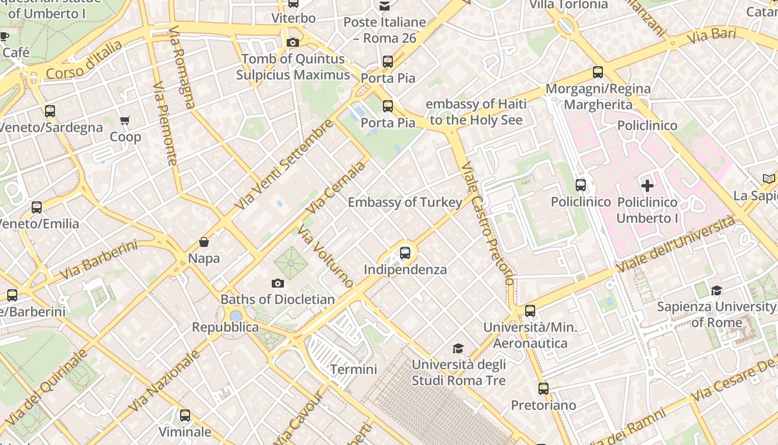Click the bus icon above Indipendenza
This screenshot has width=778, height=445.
click(405, 253)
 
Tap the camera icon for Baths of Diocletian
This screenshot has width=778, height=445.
click(277, 284)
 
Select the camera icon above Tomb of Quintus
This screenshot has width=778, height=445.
click(292, 42)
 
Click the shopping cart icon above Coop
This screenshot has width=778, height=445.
click(125, 120)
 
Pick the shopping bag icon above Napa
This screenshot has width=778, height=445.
click(204, 242)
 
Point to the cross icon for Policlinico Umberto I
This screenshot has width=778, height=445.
click(647, 186)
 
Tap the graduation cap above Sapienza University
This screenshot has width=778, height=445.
click(716, 290)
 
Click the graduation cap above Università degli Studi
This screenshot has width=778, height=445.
click(458, 348)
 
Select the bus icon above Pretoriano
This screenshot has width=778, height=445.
click(543, 389)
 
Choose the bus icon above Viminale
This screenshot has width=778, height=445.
click(185, 416)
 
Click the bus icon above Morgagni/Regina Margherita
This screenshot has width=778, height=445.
click(598, 72)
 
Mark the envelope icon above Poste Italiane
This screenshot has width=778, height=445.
click(385, 6)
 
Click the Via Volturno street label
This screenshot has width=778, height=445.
click(326, 256)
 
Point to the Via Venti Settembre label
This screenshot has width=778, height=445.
click(284, 165)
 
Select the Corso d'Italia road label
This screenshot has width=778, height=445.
click(84, 60)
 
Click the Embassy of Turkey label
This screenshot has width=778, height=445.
click(405, 202)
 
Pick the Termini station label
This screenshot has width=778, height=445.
click(353, 369)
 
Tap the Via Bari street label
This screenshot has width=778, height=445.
click(711, 36)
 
